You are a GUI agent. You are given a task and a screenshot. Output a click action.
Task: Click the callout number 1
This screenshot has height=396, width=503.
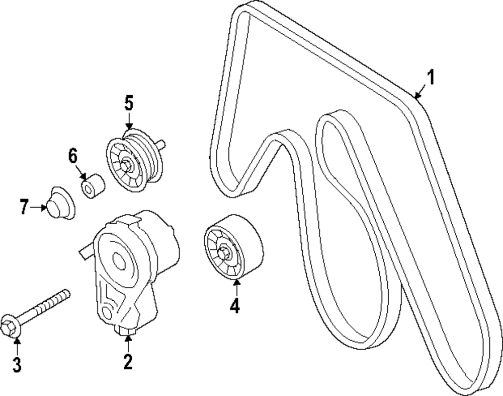click(431, 78)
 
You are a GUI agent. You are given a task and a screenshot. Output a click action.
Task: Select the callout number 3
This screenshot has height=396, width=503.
click(17, 364)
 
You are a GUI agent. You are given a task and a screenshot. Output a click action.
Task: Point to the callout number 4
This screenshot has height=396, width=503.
click(234, 305)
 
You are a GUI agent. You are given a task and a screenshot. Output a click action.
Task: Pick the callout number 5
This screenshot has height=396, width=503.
click(129, 104)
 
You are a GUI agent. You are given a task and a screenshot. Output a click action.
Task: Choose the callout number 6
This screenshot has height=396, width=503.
click(73, 156)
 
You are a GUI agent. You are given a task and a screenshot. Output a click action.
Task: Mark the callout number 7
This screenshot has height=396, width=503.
click(24, 207)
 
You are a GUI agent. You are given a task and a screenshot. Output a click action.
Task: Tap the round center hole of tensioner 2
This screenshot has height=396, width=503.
click(120, 260)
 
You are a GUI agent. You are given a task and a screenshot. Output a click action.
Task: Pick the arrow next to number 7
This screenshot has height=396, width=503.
click(39, 207)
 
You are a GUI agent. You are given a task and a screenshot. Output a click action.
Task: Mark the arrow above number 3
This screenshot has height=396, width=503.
click(17, 345)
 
